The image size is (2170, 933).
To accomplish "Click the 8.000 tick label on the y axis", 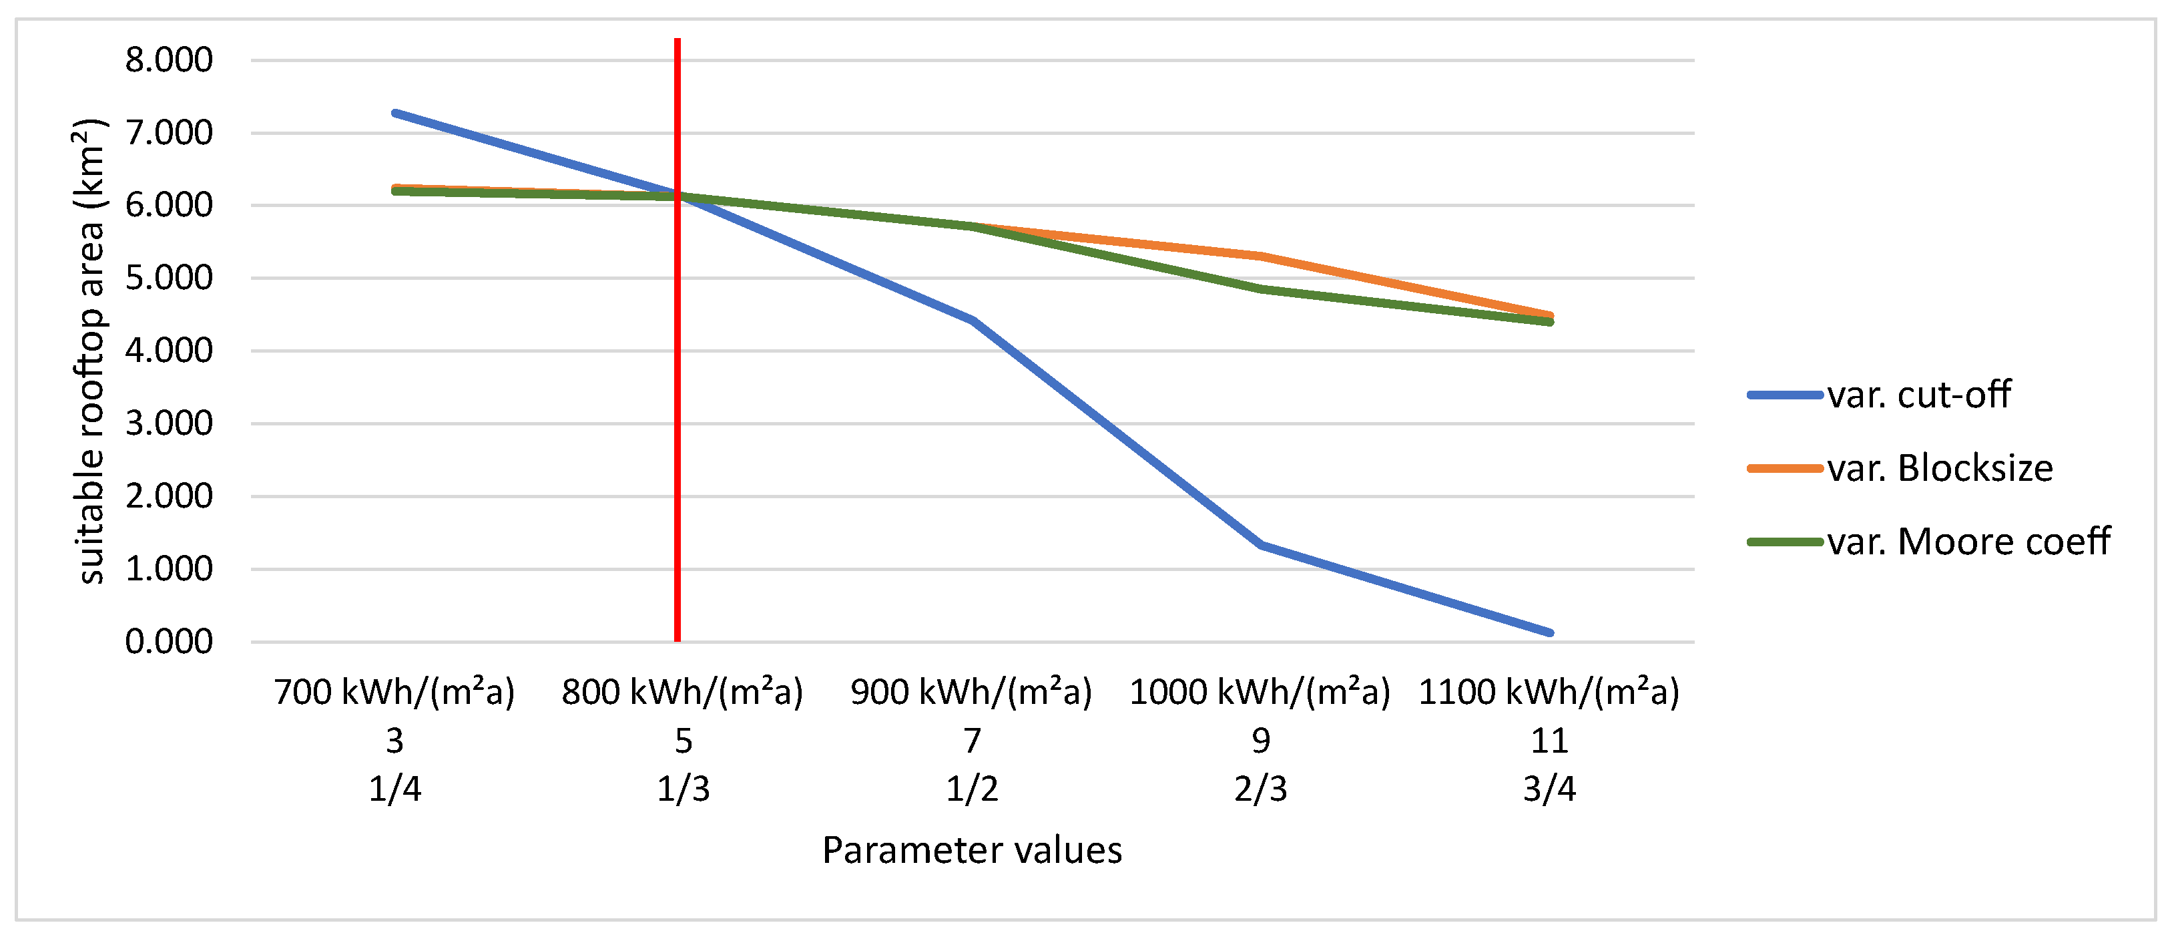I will tap(168, 60).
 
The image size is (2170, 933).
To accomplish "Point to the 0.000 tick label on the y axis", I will tap(168, 642).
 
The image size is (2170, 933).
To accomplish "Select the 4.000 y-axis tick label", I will tap(168, 351).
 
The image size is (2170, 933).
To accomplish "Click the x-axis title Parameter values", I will tap(971, 850).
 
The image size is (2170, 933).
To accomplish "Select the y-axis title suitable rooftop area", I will tap(91, 351).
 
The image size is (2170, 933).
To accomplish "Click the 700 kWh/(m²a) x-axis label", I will tap(394, 693).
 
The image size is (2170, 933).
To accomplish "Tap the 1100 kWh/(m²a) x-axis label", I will tap(1549, 693).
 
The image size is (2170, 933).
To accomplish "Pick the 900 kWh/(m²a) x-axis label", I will tap(971, 693).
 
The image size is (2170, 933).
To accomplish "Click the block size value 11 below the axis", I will tap(1549, 741).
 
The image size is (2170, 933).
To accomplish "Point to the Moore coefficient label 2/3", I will tap(1260, 789).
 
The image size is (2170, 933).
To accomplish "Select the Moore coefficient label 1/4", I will tap(394, 789).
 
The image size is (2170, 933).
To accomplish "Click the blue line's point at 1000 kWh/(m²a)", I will tap(1261, 545).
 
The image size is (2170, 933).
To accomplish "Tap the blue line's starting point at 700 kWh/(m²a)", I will tap(395, 112).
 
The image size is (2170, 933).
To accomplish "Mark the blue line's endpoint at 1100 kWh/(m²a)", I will tap(1549, 632).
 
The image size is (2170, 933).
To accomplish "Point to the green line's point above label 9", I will tap(1261, 289).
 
